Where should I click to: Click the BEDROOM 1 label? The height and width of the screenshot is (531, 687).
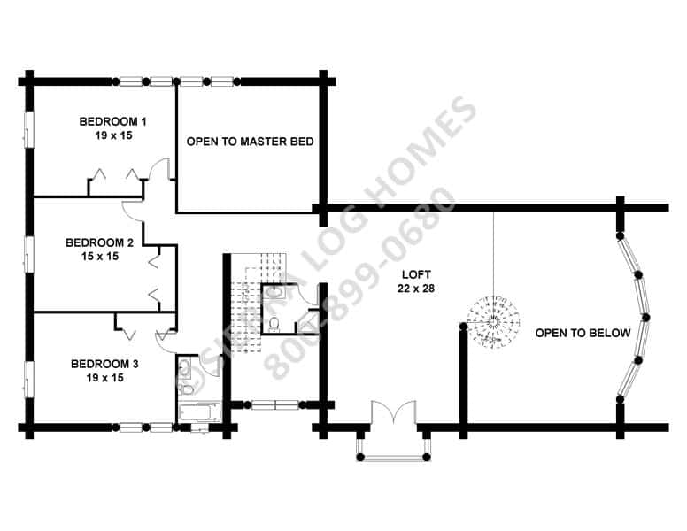(113, 121)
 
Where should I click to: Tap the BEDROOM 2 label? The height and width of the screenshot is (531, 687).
(99, 242)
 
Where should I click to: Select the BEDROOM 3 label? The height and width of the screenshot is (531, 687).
(104, 364)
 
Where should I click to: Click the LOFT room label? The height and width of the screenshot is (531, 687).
(416, 274)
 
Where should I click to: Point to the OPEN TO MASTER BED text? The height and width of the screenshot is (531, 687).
(251, 142)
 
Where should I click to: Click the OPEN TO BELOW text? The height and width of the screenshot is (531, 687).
(583, 333)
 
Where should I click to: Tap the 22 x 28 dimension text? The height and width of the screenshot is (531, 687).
(416, 289)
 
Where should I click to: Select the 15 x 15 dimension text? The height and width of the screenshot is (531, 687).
(100, 257)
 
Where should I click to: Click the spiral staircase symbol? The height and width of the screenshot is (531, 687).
(493, 322)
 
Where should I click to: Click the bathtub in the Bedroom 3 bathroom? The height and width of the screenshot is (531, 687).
(200, 412)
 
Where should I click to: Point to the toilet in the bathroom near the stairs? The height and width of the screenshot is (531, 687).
(274, 324)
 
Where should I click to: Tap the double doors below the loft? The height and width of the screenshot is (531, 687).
(394, 412)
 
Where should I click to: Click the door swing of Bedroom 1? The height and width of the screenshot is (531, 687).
(159, 169)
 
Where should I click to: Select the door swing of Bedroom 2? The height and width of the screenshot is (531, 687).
(132, 210)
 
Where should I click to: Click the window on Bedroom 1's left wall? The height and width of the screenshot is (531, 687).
(29, 129)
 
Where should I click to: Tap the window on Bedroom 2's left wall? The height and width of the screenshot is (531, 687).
(29, 254)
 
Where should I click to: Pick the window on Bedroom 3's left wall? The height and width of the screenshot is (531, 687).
(29, 380)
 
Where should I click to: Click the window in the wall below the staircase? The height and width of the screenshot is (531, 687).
(275, 404)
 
